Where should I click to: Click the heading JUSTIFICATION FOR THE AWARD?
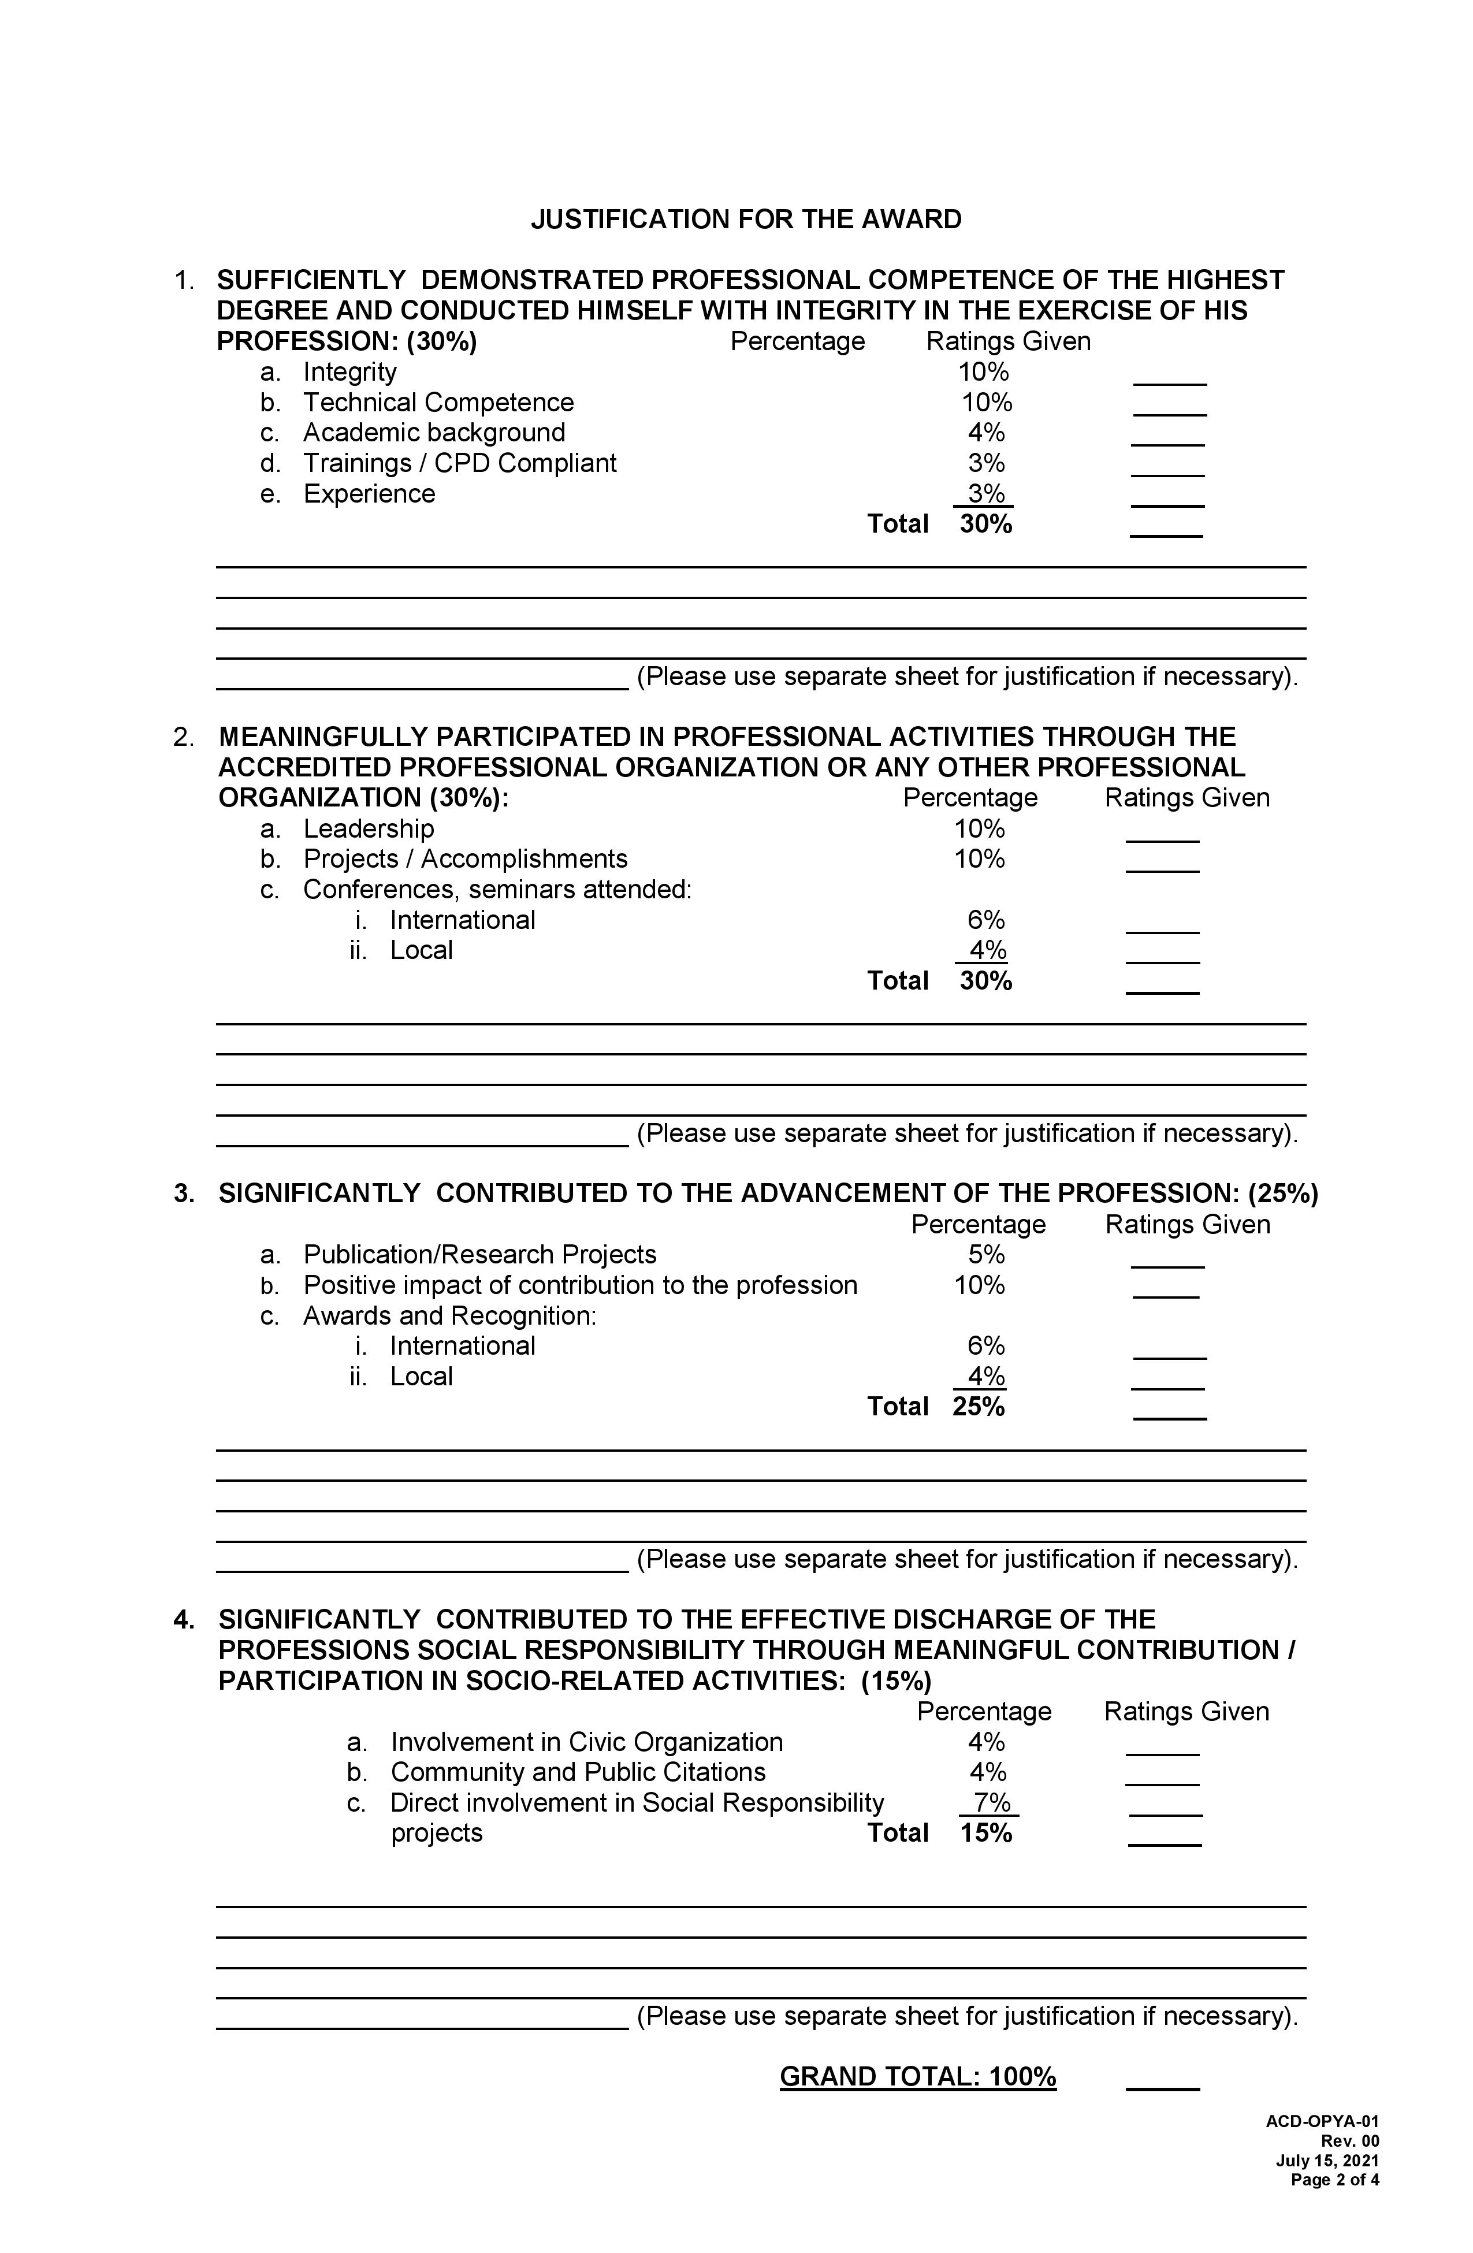[745, 220]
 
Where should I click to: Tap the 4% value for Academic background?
[985, 433]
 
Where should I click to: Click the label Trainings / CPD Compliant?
[459, 463]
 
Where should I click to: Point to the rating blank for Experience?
[1167, 501]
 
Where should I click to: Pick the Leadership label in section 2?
[369, 828]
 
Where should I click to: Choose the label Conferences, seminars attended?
[497, 890]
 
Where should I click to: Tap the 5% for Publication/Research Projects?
[985, 1254]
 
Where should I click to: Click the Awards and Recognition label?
[449, 1316]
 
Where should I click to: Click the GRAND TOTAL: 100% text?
[917, 2077]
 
